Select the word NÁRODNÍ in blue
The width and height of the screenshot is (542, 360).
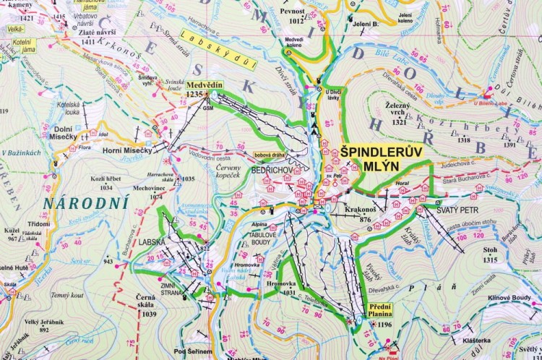(x=85, y=202)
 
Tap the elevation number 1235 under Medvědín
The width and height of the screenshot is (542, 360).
(x=194, y=95)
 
